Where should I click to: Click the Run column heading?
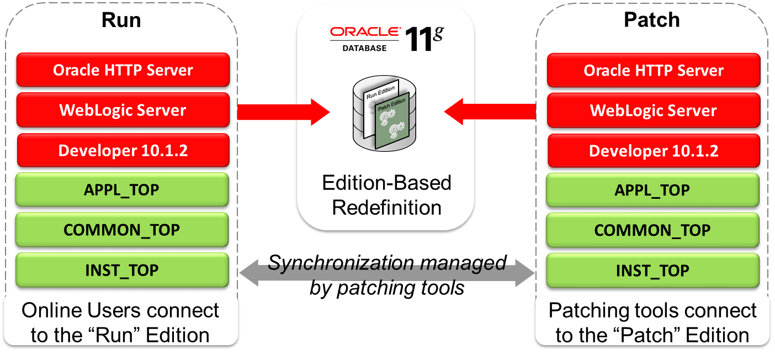[x=121, y=20]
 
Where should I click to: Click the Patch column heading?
[x=651, y=20]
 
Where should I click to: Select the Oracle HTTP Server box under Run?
[x=123, y=70]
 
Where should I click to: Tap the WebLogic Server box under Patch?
[x=653, y=110]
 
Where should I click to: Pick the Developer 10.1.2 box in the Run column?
[x=123, y=151]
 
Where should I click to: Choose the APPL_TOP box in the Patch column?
[x=652, y=190]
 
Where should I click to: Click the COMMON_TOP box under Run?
[x=122, y=230]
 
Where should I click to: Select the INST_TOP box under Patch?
[x=652, y=271]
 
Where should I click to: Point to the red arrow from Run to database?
[x=282, y=112]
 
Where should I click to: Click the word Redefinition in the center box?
[x=386, y=208]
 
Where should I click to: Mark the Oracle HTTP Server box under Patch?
[x=653, y=70]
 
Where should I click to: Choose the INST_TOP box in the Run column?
[x=122, y=271]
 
